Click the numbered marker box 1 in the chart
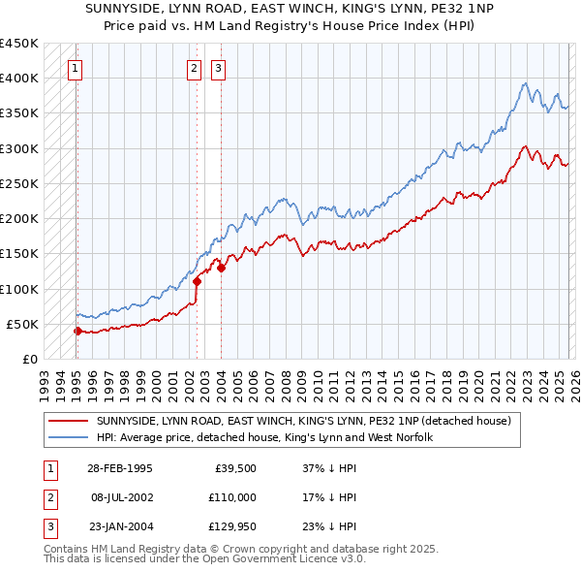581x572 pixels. tap(75, 68)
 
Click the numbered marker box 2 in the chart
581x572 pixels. tap(195, 68)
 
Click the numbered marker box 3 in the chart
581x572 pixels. tap(219, 68)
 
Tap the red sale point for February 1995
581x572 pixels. tap(77, 331)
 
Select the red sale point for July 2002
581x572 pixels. tap(197, 281)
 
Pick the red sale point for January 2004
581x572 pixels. tap(222, 268)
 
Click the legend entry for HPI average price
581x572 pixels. tap(263, 437)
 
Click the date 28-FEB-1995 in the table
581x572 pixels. tap(119, 468)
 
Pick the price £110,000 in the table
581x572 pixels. tap(232, 496)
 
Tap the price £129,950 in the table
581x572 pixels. tap(232, 524)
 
